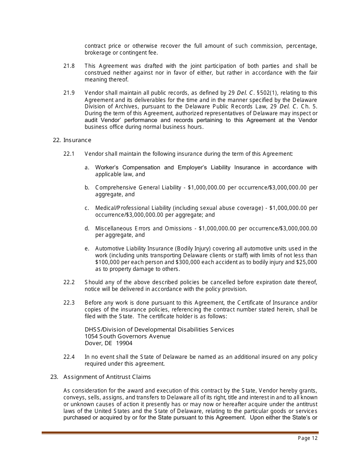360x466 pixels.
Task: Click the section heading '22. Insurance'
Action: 72,140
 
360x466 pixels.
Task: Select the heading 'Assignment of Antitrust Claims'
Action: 107,377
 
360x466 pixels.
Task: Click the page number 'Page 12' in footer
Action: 308,438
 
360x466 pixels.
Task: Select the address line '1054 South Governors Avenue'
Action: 127,336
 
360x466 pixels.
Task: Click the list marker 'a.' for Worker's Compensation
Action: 87,167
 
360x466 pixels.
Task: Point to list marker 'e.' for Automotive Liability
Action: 87,249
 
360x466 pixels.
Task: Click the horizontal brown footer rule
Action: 180,432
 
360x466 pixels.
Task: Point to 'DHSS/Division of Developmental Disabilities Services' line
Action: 159,330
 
